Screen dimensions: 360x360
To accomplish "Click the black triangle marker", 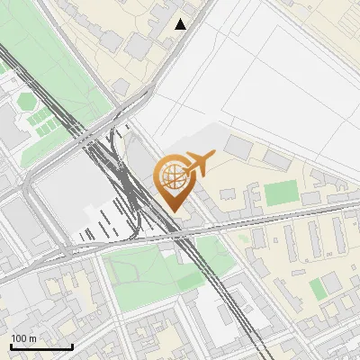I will pos(181,24).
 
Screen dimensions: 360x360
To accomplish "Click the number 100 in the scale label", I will pos(19,338).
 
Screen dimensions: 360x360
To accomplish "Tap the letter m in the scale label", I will pos(32,338).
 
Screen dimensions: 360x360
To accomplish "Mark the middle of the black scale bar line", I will pos(40,346).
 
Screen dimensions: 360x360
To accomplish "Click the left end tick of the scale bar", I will pos(10,345).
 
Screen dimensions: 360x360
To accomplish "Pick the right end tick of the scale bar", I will pos(72,345).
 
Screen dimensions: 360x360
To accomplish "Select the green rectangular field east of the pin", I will pos(281,193).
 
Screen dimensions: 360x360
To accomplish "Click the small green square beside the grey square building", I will pos(316,288).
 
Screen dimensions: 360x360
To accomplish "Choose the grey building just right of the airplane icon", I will pos(238,147).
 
